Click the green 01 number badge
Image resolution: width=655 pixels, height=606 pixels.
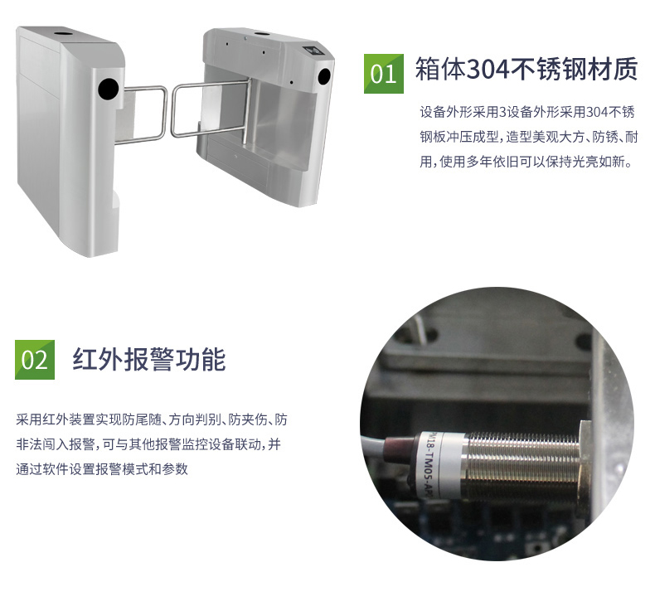384,74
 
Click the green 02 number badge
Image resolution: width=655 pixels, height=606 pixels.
35,360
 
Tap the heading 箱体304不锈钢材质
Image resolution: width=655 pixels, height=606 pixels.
526,69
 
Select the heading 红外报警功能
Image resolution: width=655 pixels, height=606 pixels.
149,359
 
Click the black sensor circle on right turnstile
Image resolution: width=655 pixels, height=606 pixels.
324,76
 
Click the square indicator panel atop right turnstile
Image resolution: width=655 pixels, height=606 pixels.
313,50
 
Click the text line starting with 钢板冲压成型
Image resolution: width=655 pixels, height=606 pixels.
529,137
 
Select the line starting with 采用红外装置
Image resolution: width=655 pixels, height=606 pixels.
152,419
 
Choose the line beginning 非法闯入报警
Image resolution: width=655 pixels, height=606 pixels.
148,444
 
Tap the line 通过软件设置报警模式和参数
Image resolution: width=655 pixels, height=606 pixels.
102,469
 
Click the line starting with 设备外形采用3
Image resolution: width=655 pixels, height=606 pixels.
527,112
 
